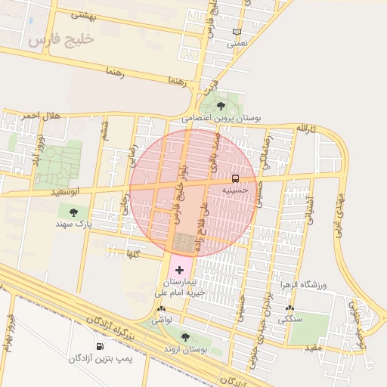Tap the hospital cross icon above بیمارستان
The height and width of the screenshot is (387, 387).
point(179,269)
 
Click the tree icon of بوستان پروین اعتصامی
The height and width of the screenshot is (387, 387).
point(220,106)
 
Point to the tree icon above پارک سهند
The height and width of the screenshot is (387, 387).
point(73,212)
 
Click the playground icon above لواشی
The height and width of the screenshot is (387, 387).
point(161,309)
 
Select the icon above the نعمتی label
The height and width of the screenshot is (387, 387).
point(237,32)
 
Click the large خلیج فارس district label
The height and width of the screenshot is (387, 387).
point(62,39)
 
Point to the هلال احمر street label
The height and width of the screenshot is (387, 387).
point(40,115)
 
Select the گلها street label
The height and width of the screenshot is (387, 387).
point(134,255)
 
